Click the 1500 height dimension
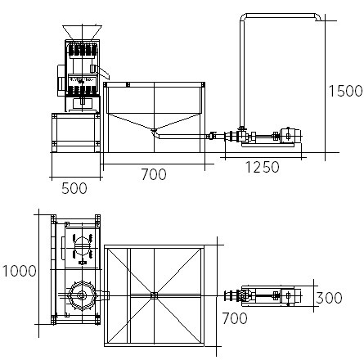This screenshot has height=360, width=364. tap(345, 91)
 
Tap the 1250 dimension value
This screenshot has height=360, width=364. tap(263, 167)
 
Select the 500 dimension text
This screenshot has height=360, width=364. tap(74, 188)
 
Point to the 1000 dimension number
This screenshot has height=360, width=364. tap(19, 271)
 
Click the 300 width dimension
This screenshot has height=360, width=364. tap(329, 298)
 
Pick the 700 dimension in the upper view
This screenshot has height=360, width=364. tap(154, 174)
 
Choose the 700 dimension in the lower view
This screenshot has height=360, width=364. tap(235, 318)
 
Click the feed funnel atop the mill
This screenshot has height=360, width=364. tap(82, 32)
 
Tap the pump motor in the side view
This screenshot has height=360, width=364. tap(290, 135)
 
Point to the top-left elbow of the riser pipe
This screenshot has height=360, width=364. tap(243, 17)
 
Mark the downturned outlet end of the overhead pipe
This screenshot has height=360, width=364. tap(318, 17)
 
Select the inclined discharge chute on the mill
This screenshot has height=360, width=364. tap(104, 72)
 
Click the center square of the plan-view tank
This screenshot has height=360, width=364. tap(155, 295)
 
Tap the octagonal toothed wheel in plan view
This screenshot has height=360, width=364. tap(82, 295)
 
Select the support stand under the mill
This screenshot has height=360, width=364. tap(76, 133)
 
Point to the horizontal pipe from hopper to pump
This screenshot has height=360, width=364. tap(183, 137)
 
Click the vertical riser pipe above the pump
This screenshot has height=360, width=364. tap(242, 74)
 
